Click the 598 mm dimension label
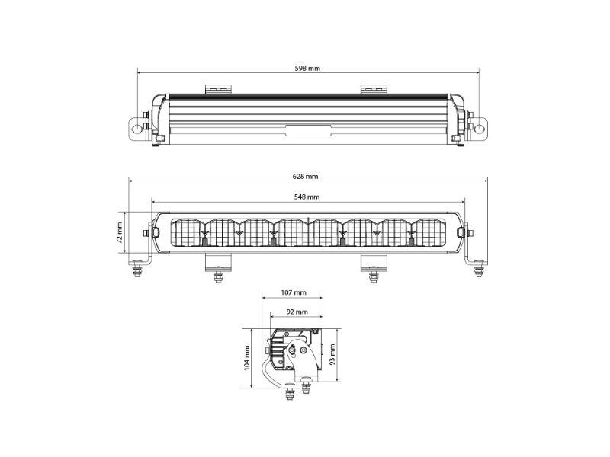coord(307,69)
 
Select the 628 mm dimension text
coord(306,177)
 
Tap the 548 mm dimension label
coord(307,197)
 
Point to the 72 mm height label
coord(120,232)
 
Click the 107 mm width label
coord(294,292)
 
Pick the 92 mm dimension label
coord(297,312)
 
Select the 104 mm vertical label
coord(246,358)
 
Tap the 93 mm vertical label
coord(332,355)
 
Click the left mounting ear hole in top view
coord(137,128)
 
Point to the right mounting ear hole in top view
coord(479,128)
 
